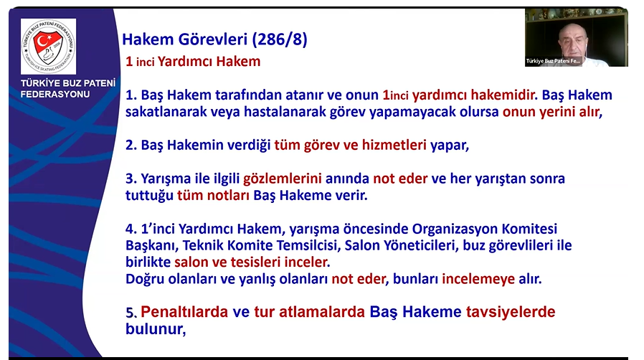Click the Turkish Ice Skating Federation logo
point(49,47)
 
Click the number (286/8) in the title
point(279,39)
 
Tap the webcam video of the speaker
point(576,37)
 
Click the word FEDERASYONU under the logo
point(55,94)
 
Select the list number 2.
point(131,145)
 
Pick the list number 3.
point(131,179)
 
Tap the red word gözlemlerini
point(282,179)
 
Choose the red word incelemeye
point(478,279)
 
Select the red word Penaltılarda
point(184,312)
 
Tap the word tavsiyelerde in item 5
point(511,312)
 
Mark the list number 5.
point(131,313)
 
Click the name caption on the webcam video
point(553,61)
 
